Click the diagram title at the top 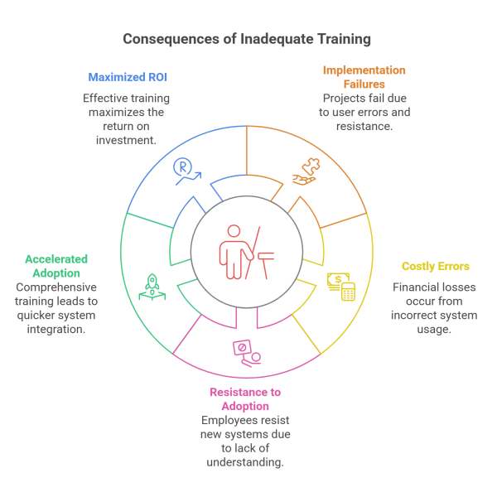tap(246, 39)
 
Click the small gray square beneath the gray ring tap(247, 319)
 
